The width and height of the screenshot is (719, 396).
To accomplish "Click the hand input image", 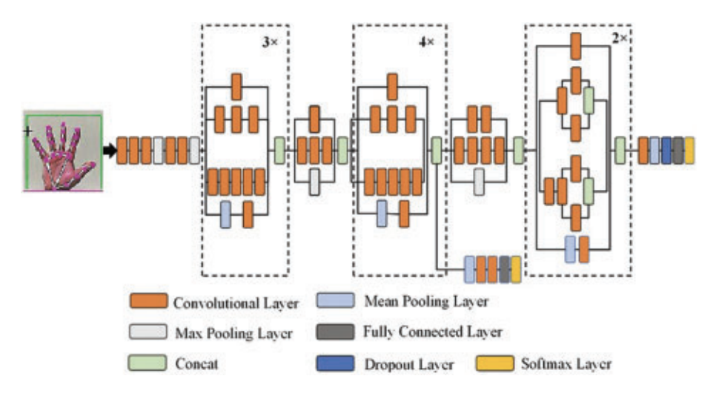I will coord(63,151).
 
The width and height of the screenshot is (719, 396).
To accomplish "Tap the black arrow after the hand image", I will coord(110,151).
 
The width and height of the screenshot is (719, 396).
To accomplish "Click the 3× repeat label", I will coord(271,43).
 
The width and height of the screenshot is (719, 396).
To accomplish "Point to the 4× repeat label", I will coord(426,43).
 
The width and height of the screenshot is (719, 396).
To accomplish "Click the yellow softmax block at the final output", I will coord(689,151).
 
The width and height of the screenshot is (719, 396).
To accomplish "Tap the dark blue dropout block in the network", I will coord(666,151).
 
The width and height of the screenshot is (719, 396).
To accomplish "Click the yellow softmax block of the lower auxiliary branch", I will coord(516,269).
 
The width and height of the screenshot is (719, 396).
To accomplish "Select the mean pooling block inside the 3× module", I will coord(225,214).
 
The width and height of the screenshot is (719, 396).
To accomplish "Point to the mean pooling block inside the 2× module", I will coord(569,249).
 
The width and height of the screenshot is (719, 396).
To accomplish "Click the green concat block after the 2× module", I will coord(620,151).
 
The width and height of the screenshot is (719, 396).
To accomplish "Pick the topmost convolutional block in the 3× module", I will coord(236,86).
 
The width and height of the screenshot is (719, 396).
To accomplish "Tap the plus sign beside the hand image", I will coord(28,131).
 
